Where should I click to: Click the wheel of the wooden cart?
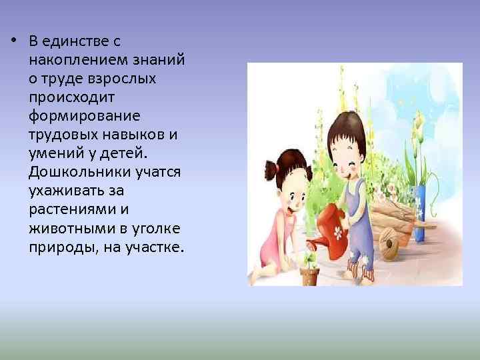(387, 247)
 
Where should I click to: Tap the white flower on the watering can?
(338, 233)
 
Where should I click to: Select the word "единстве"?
(71, 41)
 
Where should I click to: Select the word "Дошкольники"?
(70, 172)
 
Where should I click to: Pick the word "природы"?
(57, 247)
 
